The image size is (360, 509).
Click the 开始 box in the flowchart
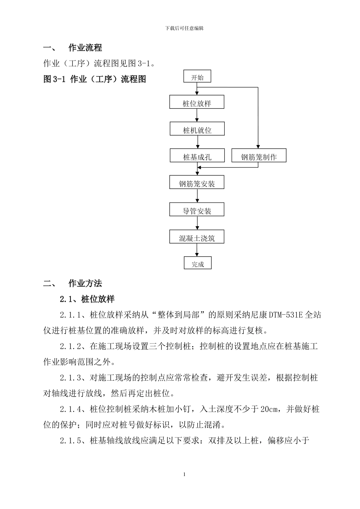[x=197, y=77]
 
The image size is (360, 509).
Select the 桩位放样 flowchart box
[x=197, y=103]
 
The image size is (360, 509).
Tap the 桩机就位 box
[x=197, y=130]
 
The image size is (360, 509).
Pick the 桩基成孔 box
[x=197, y=156]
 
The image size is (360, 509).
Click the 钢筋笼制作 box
[x=259, y=156]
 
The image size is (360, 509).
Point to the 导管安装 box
[x=197, y=210]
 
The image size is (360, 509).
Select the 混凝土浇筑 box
[x=197, y=237]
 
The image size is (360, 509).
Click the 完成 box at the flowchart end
[x=197, y=264]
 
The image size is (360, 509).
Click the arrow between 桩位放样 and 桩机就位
[x=197, y=116]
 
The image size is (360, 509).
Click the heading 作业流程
[x=85, y=48]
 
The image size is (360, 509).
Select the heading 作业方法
[x=85, y=284]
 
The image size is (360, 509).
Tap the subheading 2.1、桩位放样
[x=87, y=299]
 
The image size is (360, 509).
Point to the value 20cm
[x=272, y=409]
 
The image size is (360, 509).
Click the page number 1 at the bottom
[x=184, y=475]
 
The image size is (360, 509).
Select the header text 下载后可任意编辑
[x=185, y=28]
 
